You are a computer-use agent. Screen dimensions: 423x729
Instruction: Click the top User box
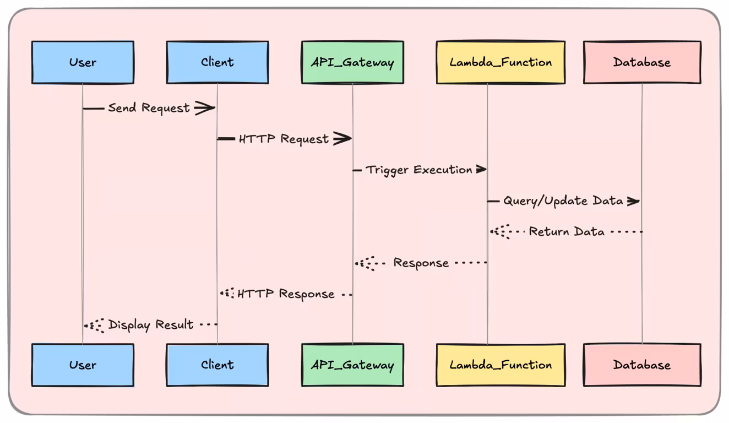(x=83, y=62)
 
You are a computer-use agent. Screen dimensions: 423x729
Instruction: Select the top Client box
(x=217, y=62)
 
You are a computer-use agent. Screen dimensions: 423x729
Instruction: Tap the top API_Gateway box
(x=352, y=62)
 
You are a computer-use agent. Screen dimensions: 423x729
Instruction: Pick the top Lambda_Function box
(x=500, y=62)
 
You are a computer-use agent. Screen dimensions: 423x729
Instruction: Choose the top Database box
(x=642, y=62)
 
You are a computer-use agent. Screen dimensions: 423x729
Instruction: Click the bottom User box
(x=83, y=365)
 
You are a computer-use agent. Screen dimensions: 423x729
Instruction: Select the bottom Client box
(x=217, y=365)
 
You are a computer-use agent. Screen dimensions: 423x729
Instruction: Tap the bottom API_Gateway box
(x=352, y=365)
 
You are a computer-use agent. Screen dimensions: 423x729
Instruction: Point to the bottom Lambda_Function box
(x=500, y=365)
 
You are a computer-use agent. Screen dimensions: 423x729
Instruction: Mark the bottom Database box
(x=642, y=365)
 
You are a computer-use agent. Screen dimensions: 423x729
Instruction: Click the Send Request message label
(x=149, y=108)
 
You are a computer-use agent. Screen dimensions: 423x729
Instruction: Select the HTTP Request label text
(x=284, y=139)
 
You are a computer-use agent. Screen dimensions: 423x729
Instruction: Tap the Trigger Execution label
(x=419, y=170)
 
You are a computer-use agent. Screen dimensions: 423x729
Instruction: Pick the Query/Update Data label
(x=563, y=200)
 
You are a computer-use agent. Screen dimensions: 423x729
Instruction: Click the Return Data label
(x=567, y=232)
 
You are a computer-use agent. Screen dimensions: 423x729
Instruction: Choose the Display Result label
(x=151, y=325)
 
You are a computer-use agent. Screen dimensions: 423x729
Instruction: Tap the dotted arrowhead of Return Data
(x=500, y=232)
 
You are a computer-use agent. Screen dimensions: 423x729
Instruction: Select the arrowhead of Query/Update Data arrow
(x=633, y=201)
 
